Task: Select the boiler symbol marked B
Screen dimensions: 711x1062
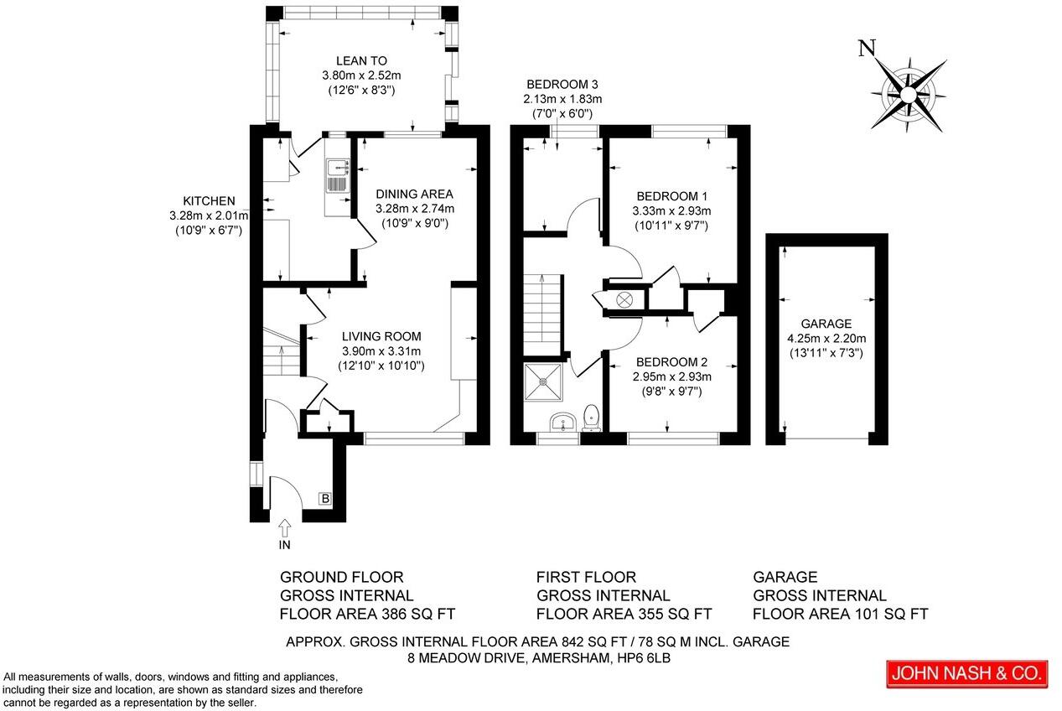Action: (325, 500)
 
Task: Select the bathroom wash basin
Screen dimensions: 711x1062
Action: (560, 421)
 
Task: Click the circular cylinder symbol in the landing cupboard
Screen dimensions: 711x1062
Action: (624, 299)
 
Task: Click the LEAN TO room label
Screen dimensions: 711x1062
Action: (361, 60)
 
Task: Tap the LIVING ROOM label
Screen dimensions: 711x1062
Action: (381, 336)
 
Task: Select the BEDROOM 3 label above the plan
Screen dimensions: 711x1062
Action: (562, 84)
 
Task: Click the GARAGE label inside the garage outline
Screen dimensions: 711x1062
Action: (826, 324)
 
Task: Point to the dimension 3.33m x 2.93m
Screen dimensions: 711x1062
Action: (671, 210)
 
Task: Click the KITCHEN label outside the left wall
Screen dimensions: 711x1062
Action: (209, 200)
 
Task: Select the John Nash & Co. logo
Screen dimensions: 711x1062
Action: (967, 673)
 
